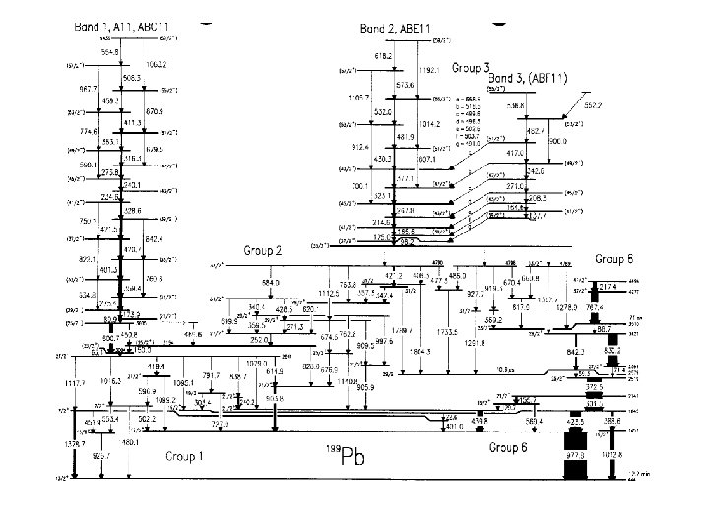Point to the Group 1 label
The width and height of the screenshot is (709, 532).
tap(185, 456)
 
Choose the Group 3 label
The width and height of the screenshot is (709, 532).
tap(471, 68)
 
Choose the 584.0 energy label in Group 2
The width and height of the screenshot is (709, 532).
tap(271, 283)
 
